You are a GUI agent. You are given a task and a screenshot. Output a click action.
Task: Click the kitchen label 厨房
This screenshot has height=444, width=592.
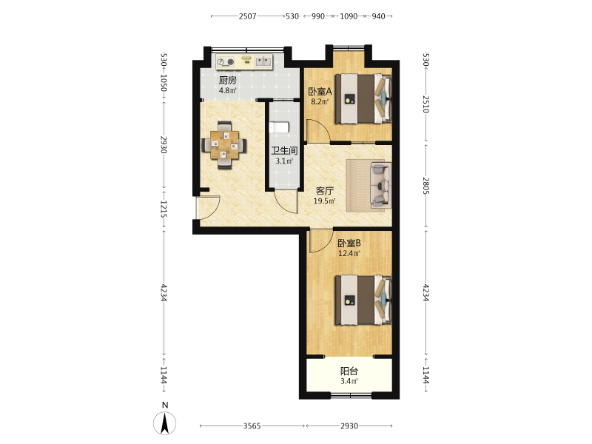pos(228,80)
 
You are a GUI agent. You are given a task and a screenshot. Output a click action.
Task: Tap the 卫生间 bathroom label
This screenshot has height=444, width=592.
pos(284,151)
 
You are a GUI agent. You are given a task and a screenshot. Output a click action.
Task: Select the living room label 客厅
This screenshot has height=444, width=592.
pos(324,191)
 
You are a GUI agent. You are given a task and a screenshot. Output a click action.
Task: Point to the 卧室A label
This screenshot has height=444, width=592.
pos(320,91)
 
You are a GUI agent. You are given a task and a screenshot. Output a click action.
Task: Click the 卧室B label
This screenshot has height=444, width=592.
pos(349,243)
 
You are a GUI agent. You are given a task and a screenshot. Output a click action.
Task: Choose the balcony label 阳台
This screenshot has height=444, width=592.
pos(349,371)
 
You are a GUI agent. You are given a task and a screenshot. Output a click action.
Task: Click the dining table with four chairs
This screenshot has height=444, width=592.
pos(225,145)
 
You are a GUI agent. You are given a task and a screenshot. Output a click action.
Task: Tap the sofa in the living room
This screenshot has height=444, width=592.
pos(380,185)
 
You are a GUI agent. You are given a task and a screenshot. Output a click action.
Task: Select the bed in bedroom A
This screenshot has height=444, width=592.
pos(363,98)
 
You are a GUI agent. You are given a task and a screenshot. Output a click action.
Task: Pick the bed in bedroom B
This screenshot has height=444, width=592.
pos(363,300)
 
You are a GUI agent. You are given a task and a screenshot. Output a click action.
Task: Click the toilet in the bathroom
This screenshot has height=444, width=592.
pos(279,127)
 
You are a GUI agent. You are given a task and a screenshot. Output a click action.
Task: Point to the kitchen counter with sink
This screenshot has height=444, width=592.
pos(244,61)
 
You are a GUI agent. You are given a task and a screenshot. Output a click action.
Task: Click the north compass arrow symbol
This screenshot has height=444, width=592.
pos(164,423)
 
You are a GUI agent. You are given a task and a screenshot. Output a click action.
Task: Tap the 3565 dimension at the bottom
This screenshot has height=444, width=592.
pos(252,426)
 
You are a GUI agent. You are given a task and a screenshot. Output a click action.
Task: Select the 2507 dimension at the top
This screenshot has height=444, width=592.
pos(247,16)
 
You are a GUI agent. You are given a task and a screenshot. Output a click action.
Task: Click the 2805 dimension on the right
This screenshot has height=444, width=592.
pos(426,186)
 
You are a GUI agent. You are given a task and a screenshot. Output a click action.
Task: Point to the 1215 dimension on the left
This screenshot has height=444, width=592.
pos(164,209)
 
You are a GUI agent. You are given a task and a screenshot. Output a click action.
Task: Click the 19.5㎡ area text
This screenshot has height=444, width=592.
pos(324,201)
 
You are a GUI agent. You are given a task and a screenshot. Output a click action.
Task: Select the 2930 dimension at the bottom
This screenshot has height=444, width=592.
pos(349,426)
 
